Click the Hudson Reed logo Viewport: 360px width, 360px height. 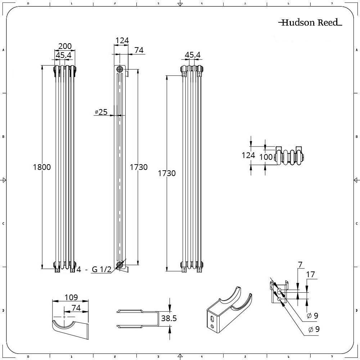tap(310, 23)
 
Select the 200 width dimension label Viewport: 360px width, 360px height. tap(65, 46)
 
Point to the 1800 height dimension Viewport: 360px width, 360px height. tap(42, 167)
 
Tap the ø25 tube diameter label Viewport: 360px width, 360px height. tap(101, 112)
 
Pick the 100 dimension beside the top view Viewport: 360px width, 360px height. tap(266, 157)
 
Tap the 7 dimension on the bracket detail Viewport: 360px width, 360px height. tap(300, 265)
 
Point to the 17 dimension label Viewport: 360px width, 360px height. tap(310, 274)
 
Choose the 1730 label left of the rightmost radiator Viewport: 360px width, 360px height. tap(167, 173)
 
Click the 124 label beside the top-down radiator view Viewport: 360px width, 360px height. tap(248, 155)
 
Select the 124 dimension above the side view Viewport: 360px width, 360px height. tap(122, 40)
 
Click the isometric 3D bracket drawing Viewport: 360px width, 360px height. tap(228, 309)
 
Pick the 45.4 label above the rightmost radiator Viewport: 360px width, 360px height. tap(193, 55)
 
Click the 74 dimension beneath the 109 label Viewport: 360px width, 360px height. tap(75, 308)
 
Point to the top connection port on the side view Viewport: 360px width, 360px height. tap(120, 69)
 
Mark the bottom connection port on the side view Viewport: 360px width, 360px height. tap(120, 266)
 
